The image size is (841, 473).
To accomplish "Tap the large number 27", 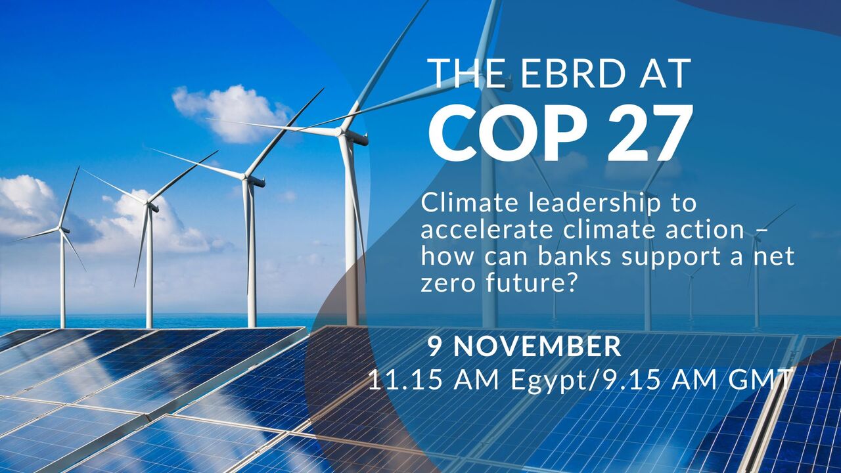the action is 647,133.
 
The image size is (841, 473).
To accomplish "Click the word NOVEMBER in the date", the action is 537,346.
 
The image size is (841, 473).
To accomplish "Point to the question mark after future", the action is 570,282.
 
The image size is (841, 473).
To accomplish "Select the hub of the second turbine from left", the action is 148,204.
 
